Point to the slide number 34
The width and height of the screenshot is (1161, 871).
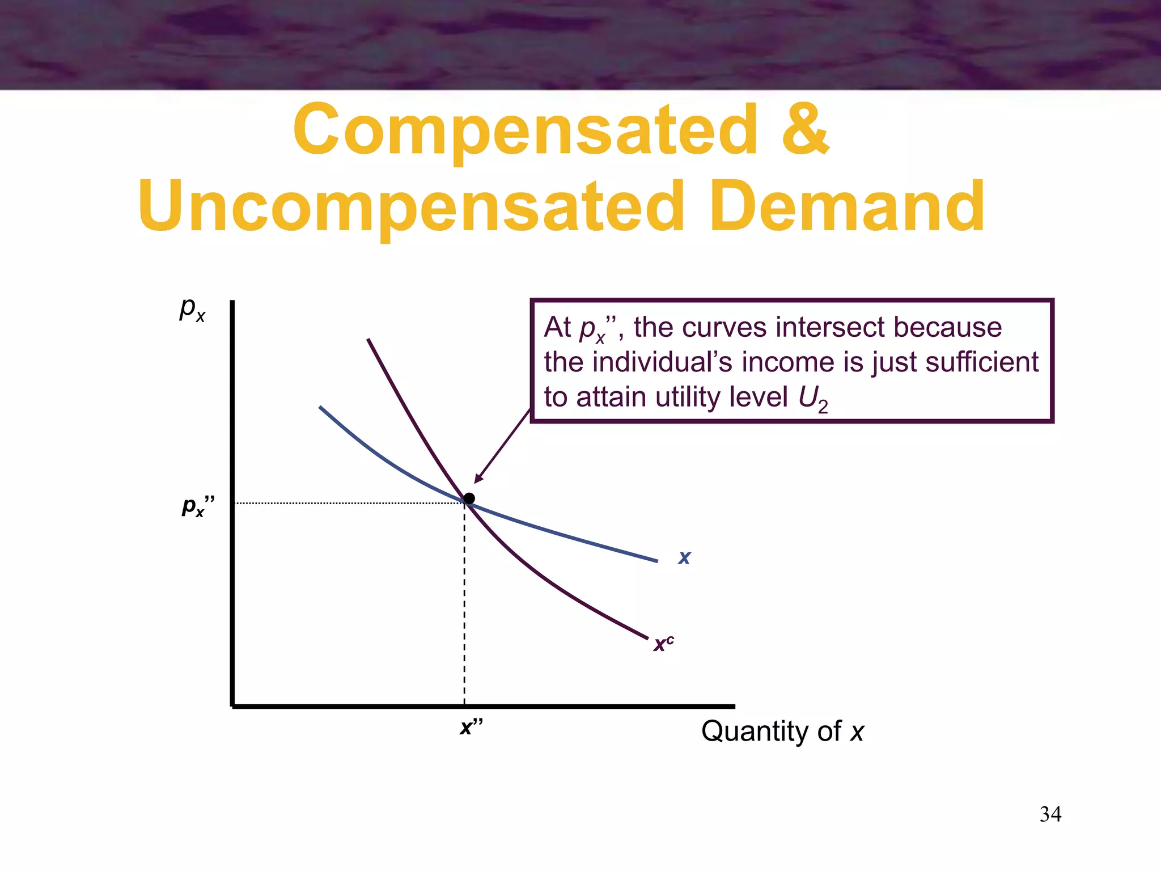(x=1050, y=814)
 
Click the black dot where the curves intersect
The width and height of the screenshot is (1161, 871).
(x=469, y=498)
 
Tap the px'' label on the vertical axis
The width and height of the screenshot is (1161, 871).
(x=198, y=506)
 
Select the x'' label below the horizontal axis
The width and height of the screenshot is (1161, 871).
(x=471, y=726)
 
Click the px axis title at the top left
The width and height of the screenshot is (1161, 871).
(x=192, y=309)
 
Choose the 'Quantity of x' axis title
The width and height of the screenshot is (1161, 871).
(x=782, y=731)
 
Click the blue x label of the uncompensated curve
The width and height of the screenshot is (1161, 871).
(x=684, y=557)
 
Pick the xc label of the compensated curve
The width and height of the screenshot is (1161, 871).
(x=663, y=644)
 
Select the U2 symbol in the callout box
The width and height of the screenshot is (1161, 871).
(x=813, y=399)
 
